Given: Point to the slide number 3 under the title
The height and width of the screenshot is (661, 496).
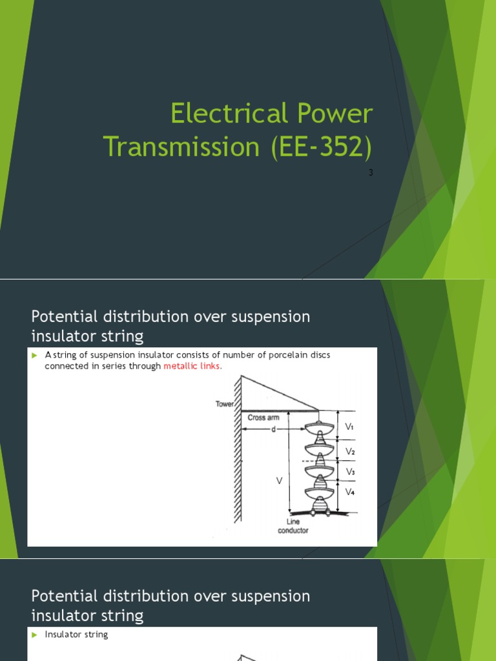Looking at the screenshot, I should pos(371,172).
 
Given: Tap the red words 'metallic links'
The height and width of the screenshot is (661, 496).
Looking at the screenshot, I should pos(192,366).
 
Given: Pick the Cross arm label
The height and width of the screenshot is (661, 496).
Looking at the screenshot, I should pos(263,418).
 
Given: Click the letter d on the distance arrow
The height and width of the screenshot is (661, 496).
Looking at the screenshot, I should pos(273,429).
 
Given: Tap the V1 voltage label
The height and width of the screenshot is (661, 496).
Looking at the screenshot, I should pos(349,427).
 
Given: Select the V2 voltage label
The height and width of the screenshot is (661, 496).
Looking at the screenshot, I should pos(349,451).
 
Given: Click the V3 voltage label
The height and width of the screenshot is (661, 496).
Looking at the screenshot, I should pos(349,472).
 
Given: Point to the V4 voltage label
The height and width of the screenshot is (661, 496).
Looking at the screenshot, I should pos(349,492).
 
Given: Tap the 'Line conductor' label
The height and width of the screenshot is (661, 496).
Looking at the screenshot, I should pos(293,526).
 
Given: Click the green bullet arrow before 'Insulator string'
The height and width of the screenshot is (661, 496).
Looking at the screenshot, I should pos(35,635).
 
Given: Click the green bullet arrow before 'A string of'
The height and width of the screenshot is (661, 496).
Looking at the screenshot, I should pos(35,355).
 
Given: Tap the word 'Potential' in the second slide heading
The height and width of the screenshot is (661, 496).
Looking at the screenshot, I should pos(63,317).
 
